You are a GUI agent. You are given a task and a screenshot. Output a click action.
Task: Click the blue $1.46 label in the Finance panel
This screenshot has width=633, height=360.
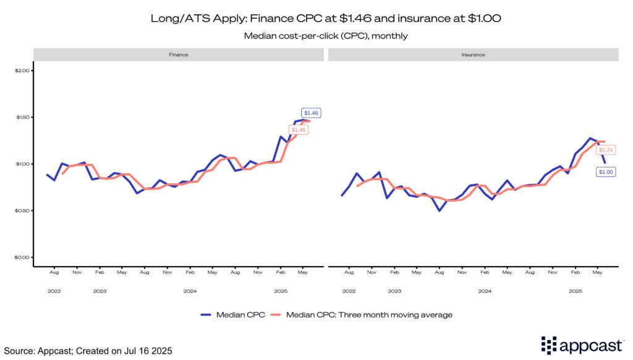coord(312,113)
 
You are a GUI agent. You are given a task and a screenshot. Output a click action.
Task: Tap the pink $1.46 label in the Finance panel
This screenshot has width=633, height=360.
coord(299,130)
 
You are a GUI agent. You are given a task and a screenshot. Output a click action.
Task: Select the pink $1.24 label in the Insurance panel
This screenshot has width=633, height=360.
coord(605,150)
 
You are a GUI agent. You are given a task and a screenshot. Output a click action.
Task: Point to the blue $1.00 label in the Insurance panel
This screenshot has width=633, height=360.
coord(605,172)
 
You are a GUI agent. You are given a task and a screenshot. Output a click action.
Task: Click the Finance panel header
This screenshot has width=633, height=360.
coord(179,54)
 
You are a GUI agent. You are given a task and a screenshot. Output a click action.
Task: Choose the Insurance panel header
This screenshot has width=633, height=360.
coord(474,54)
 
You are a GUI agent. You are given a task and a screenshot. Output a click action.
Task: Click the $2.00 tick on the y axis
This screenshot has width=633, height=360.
coord(22,71)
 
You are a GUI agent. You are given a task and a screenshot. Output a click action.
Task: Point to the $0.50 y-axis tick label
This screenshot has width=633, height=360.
coord(22,211)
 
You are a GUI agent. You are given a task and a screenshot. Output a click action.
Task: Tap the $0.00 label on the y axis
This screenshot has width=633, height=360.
coord(22,257)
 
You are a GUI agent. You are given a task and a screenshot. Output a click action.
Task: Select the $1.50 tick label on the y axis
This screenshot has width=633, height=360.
coord(22,118)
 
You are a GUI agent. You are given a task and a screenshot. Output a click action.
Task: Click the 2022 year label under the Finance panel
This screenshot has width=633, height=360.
coord(54,290)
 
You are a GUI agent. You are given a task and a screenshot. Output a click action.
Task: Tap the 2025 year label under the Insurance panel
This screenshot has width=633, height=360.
coord(575,290)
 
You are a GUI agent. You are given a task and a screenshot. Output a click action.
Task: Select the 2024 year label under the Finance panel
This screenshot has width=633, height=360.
coord(190,290)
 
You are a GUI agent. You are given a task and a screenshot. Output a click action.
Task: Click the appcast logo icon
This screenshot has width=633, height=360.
coord(549,345)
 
